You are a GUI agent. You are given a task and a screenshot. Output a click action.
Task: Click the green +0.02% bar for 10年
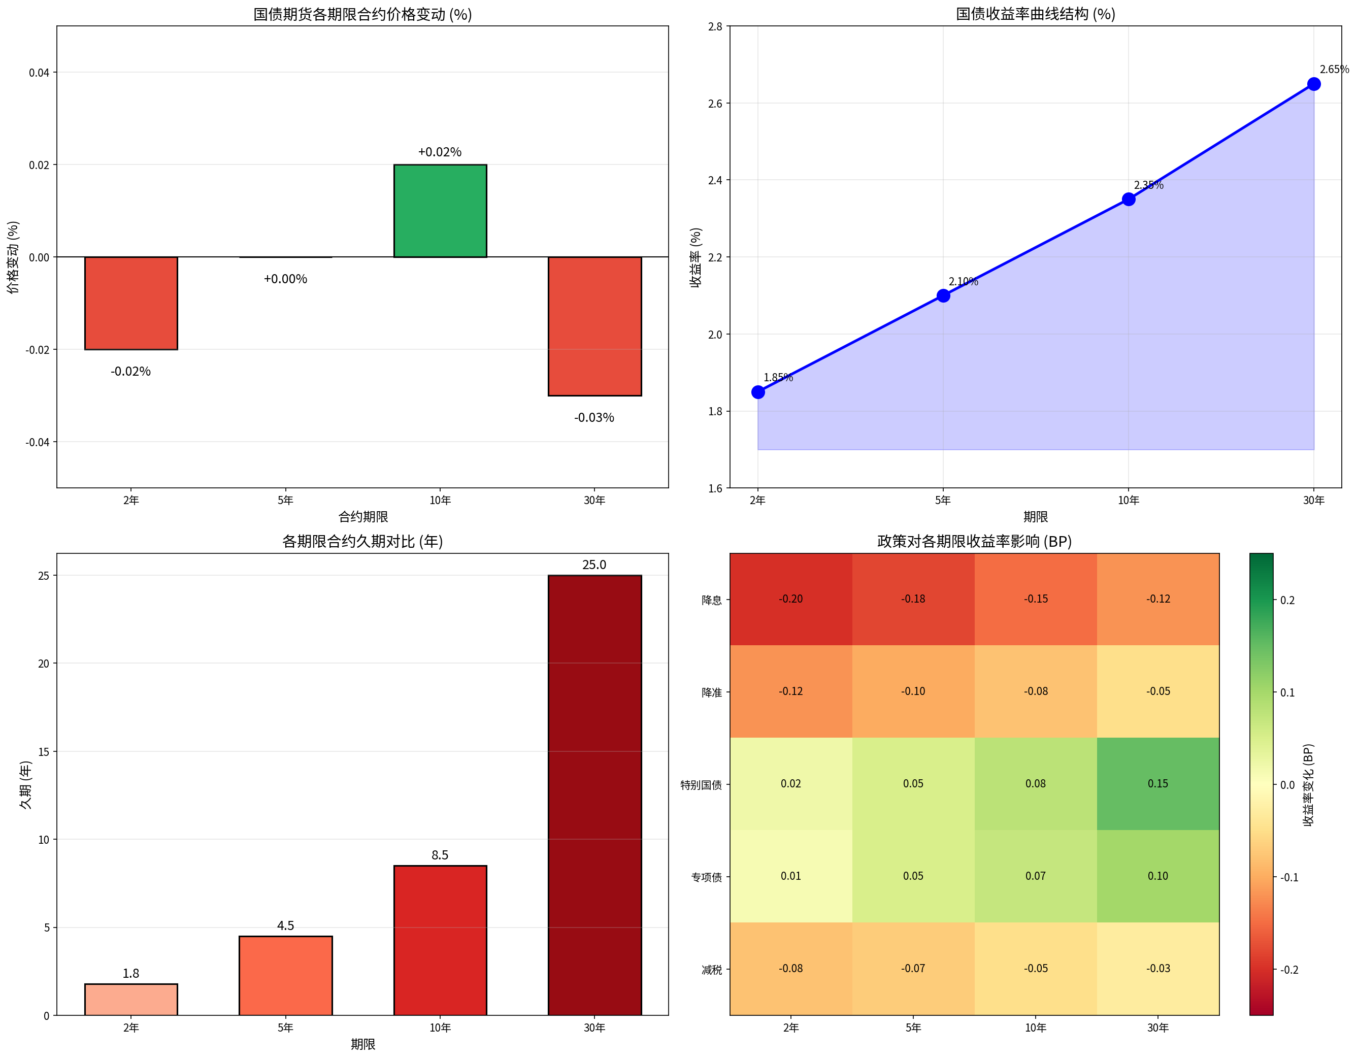coord(440,211)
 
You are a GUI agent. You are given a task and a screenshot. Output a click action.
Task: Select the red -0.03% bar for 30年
coord(594,326)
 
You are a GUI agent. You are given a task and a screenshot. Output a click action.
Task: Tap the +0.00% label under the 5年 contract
coord(285,279)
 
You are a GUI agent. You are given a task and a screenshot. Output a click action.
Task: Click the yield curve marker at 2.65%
coord(1313,84)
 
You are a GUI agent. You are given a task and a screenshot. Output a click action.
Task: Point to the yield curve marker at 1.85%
coord(758,392)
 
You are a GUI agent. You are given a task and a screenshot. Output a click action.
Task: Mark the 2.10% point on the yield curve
coord(943,296)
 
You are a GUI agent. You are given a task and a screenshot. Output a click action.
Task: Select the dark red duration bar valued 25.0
coord(594,796)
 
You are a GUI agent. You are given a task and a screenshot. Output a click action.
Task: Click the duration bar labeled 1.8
coord(131,1000)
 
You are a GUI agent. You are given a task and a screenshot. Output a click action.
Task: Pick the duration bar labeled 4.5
coord(285,976)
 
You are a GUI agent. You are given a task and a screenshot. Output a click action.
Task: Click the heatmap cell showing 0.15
coord(1158,784)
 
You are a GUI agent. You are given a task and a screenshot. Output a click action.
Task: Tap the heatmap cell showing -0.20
coord(791,599)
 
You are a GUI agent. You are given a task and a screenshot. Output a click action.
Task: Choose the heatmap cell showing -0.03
coord(1158,968)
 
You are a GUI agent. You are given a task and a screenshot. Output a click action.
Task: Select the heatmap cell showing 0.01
coord(791,876)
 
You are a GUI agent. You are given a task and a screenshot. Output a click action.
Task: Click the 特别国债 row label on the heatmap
coord(701,785)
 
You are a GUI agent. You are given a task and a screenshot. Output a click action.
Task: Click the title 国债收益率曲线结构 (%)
coord(1035,14)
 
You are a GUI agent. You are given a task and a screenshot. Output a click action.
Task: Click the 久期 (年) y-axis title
coord(25,784)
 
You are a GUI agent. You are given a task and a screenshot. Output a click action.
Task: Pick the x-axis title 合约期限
coord(363,516)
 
